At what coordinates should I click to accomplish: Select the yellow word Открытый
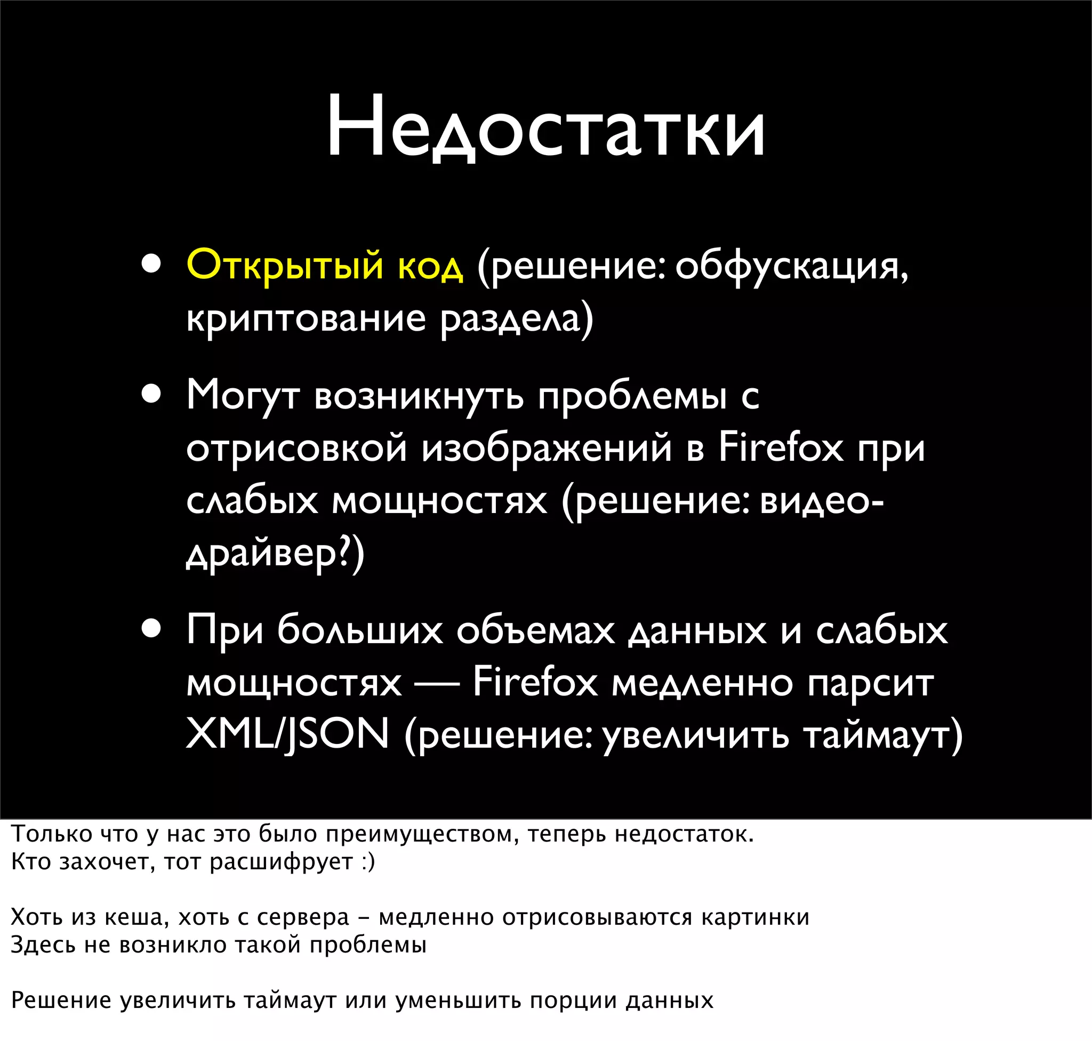(285, 265)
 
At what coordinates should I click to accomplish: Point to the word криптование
(306, 319)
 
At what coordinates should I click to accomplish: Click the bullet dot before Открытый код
(151, 263)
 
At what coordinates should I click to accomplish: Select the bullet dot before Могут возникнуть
(151, 395)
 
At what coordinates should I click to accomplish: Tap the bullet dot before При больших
(151, 629)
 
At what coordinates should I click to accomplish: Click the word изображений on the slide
(547, 448)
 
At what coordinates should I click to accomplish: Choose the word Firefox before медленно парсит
(535, 682)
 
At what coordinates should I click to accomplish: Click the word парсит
(870, 683)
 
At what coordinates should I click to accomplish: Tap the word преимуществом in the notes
(420, 834)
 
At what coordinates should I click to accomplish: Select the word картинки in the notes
(755, 917)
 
